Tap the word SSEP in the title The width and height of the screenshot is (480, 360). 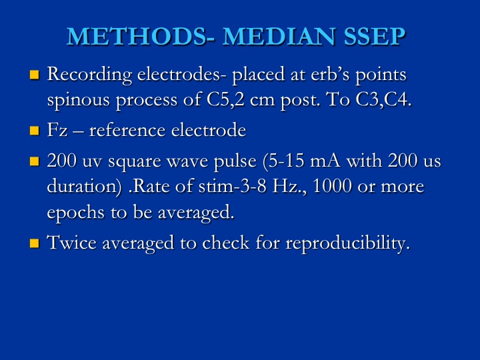pos(375,37)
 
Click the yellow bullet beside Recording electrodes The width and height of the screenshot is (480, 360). pos(35,75)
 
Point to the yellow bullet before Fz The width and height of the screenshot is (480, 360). pos(35,131)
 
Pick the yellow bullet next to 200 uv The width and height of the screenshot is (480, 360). pos(35,161)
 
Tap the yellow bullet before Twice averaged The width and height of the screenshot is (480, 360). pos(35,243)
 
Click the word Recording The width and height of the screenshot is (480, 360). pos(90,75)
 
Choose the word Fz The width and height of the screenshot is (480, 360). pos(57,130)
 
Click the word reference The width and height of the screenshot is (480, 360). pos(127,130)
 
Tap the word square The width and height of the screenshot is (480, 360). pos(135,162)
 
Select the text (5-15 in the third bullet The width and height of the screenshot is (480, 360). pos(283,161)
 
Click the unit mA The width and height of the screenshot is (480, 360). pos(325,161)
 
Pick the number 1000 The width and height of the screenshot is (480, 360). pos(332,186)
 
